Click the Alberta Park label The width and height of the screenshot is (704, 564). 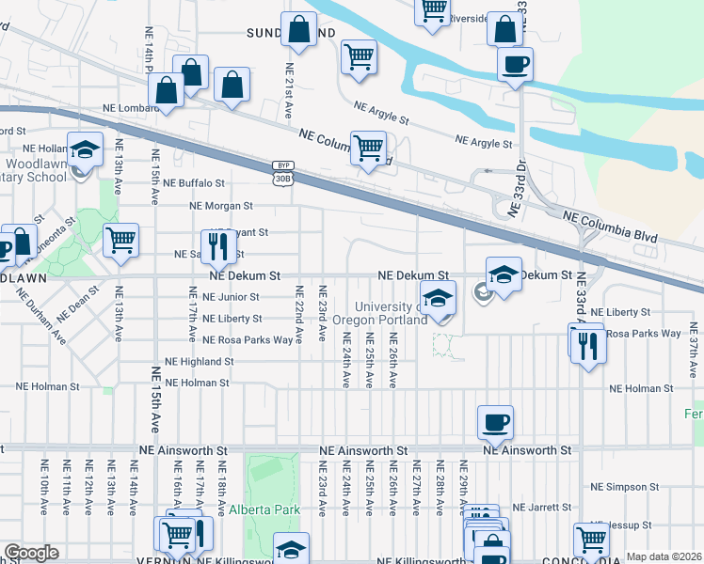(264, 509)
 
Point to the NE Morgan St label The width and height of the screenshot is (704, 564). (221, 205)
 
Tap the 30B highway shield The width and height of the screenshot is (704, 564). (282, 178)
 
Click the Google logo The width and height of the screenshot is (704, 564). (31, 553)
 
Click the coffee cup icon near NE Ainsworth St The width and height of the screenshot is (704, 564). (495, 422)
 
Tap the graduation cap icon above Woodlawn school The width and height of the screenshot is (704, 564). (85, 150)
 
